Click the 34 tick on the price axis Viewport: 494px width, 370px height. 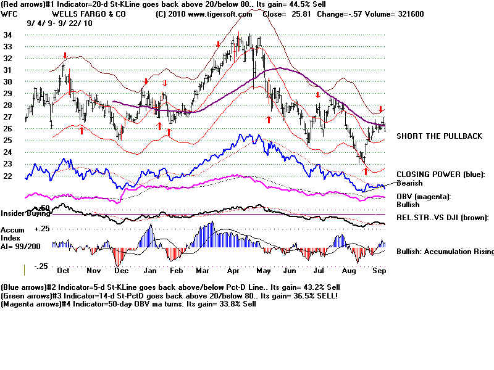pos(8,35)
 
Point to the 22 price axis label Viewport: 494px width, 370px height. pos(8,175)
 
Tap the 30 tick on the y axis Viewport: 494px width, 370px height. pos(8,81)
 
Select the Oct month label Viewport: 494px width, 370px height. pos(63,271)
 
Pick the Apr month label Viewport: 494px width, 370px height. pos(233,271)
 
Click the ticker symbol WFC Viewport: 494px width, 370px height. pos(10,13)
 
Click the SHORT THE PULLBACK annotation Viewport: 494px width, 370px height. pos(438,136)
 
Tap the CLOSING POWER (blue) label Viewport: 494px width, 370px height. pos(441,175)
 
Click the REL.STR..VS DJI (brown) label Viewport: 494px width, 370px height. pos(442,218)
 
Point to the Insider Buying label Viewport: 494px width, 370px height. pos(25,213)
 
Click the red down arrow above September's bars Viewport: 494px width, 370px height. pos(381,109)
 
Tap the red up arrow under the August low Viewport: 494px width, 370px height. pos(365,170)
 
